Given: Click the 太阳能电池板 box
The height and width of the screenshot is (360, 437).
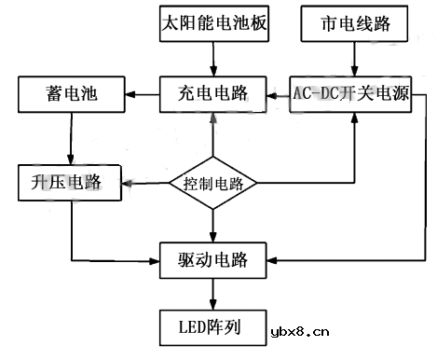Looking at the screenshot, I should pyautogui.click(x=213, y=23).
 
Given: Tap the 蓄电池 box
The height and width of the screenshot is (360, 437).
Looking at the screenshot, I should pyautogui.click(x=70, y=94).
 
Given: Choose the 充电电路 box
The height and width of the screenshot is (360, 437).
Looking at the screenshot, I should pyautogui.click(x=213, y=94).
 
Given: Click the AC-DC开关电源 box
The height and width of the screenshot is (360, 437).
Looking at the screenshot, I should pyautogui.click(x=350, y=94).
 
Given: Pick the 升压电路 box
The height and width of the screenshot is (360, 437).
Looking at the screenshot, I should pyautogui.click(x=70, y=181).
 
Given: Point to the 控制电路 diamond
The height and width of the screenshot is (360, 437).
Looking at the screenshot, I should pyautogui.click(x=213, y=183).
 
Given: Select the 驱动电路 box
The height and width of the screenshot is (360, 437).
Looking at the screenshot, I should pyautogui.click(x=213, y=257).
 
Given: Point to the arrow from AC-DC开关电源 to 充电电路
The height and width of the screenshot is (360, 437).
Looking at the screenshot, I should pyautogui.click(x=278, y=94).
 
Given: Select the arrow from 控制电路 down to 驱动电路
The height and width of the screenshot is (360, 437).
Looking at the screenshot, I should pyautogui.click(x=213, y=224).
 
